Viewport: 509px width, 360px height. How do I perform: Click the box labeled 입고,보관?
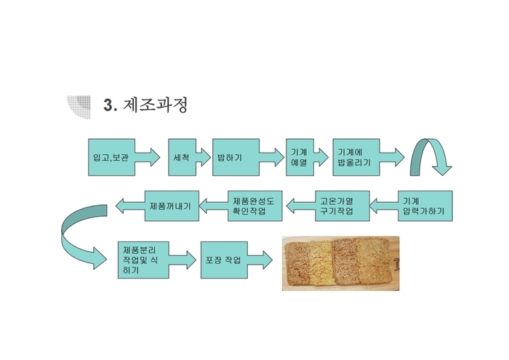click(x=111, y=157)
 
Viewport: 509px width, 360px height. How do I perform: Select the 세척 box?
click(x=182, y=157)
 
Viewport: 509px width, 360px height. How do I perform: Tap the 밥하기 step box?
click(x=236, y=157)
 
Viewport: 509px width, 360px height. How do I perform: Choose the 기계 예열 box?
click(x=300, y=157)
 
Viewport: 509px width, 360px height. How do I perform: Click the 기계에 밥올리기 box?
click(x=356, y=157)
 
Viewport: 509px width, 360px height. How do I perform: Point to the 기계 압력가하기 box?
click(x=425, y=206)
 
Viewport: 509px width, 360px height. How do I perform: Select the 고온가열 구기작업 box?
click(x=342, y=206)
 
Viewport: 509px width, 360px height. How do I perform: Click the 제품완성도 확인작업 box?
click(x=254, y=206)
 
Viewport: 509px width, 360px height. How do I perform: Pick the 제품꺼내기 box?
click(x=172, y=206)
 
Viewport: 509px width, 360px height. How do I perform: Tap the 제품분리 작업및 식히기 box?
click(x=143, y=260)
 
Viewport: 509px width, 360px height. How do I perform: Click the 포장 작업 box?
click(x=224, y=260)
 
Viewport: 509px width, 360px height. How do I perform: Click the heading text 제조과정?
click(x=155, y=105)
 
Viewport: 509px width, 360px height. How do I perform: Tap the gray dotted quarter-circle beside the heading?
click(x=80, y=106)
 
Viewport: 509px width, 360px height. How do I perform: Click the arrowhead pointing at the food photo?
click(x=267, y=260)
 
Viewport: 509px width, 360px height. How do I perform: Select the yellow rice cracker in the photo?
click(x=321, y=263)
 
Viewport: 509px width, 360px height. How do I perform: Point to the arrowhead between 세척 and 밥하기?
click(x=206, y=157)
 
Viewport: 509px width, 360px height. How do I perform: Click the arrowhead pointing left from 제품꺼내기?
click(x=120, y=206)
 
